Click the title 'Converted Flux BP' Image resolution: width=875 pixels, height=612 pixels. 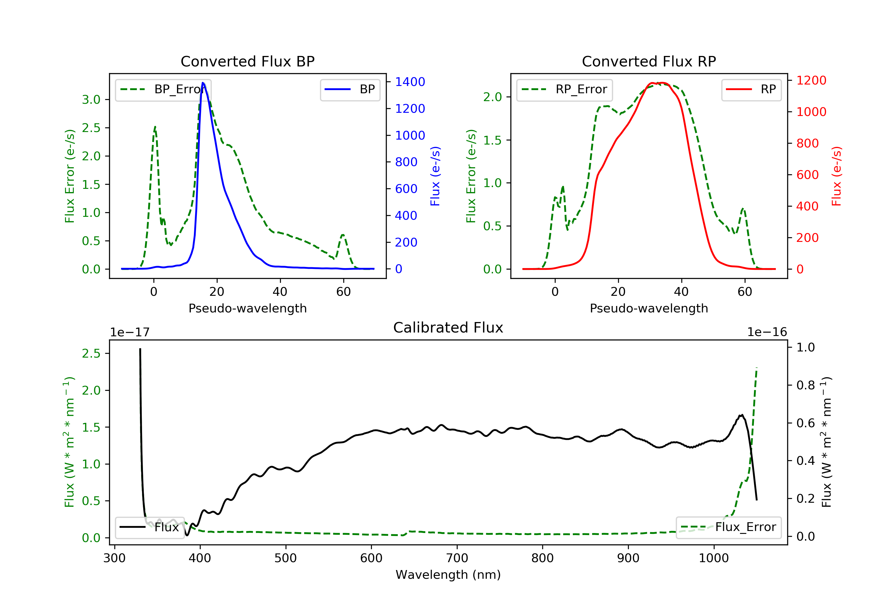(x=247, y=61)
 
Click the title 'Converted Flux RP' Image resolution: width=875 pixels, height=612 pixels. (x=649, y=61)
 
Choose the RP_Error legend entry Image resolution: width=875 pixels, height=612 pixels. (x=564, y=89)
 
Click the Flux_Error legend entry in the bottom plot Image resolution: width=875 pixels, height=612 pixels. (x=728, y=527)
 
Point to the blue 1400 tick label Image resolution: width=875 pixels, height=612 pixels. (x=410, y=82)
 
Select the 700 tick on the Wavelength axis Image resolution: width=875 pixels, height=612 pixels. (x=456, y=558)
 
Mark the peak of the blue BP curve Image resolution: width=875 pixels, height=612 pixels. (x=203, y=83)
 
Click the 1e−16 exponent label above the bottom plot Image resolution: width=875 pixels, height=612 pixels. (x=767, y=332)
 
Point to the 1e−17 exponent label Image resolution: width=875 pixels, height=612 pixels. (x=129, y=333)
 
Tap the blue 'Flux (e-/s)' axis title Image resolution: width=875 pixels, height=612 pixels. (x=435, y=176)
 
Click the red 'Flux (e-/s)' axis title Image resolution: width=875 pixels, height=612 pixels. (x=836, y=176)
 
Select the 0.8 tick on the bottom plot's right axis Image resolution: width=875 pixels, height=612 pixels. (x=805, y=385)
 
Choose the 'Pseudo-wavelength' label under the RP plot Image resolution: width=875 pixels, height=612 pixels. (x=649, y=308)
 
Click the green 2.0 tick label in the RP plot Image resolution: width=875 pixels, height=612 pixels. (x=492, y=97)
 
